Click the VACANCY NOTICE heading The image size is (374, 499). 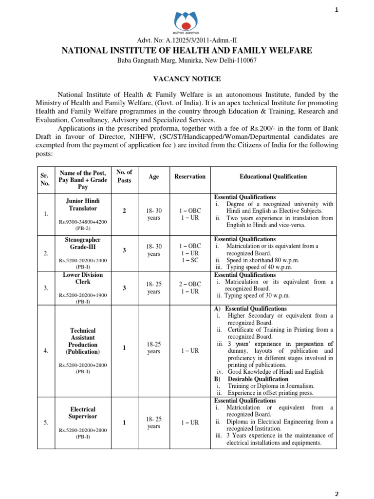(x=187, y=78)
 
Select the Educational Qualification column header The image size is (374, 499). (x=273, y=176)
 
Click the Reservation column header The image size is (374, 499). (x=190, y=176)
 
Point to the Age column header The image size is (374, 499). (x=153, y=176)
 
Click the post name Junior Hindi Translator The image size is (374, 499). (x=82, y=204)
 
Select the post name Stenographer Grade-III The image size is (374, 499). (x=82, y=243)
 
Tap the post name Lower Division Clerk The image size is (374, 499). (x=82, y=278)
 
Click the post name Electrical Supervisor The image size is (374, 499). (x=82, y=413)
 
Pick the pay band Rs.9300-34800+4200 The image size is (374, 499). (x=82, y=222)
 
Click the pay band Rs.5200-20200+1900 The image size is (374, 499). (x=82, y=295)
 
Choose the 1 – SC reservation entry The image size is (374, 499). (x=189, y=260)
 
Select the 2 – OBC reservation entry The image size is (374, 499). (x=189, y=284)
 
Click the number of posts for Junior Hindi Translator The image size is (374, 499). (x=124, y=211)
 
